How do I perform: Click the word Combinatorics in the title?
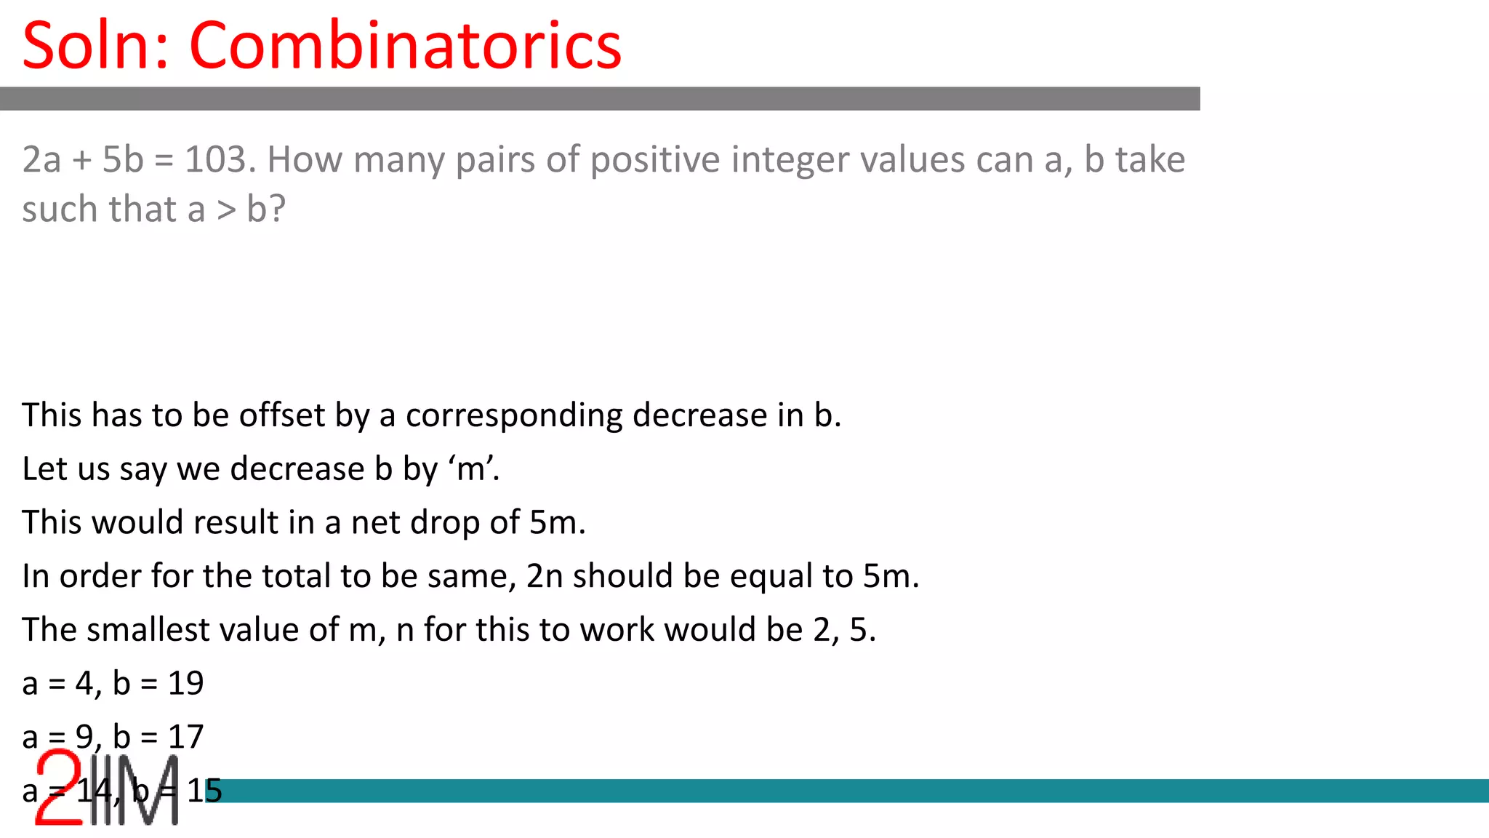(x=405, y=45)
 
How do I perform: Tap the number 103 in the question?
(x=220, y=159)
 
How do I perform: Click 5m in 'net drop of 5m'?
(x=557, y=522)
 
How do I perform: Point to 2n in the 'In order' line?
(x=545, y=576)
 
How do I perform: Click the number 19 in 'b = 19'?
(x=185, y=683)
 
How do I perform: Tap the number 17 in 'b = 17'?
(x=185, y=737)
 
